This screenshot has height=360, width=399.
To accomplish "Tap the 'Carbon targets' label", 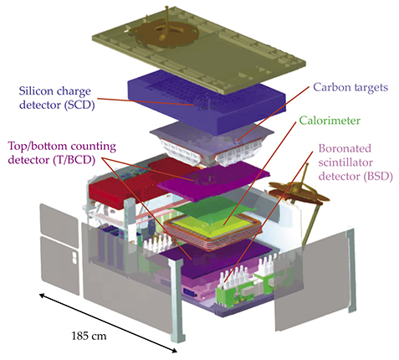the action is tap(350, 87).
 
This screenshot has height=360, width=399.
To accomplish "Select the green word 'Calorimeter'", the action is tap(330, 121).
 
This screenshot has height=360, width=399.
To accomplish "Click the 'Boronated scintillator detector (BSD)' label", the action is tap(356, 162).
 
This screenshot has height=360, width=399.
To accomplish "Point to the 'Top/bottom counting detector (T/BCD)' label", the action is tap(62, 153).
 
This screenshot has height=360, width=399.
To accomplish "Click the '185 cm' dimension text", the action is tap(89, 336).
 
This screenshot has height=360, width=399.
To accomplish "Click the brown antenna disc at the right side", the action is tap(299, 191).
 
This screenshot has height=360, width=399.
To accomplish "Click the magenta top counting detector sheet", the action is tap(213, 182).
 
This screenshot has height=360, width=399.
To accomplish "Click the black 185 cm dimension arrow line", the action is tap(108, 322).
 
